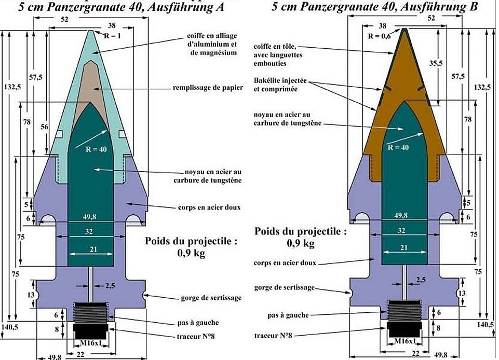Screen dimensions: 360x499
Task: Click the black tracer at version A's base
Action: point(91,330)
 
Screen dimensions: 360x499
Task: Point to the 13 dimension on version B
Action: point(461,294)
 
